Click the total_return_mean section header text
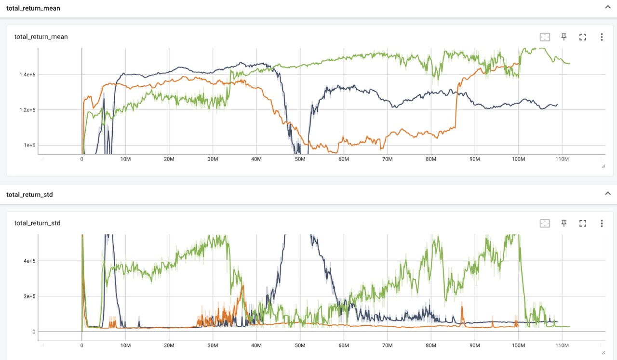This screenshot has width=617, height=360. pyautogui.click(x=33, y=8)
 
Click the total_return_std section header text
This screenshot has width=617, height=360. pyautogui.click(x=29, y=195)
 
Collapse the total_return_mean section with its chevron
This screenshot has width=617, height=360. pyautogui.click(x=608, y=7)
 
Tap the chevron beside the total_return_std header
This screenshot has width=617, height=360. pyautogui.click(x=608, y=194)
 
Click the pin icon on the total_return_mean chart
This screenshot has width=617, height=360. pyautogui.click(x=563, y=37)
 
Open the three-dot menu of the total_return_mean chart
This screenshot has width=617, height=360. pyautogui.click(x=602, y=37)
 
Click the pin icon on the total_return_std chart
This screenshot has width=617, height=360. pyautogui.click(x=563, y=223)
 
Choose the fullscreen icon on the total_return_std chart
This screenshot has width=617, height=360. pyautogui.click(x=583, y=223)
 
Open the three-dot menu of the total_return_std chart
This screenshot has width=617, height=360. pyautogui.click(x=602, y=223)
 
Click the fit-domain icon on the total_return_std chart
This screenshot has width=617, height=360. pyautogui.click(x=545, y=223)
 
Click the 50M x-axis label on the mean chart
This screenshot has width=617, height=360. pyautogui.click(x=300, y=159)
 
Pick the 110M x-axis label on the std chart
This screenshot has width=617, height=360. pyautogui.click(x=562, y=346)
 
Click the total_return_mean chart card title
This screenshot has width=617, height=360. pyautogui.click(x=41, y=37)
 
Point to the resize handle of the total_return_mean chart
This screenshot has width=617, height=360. pyautogui.click(x=603, y=166)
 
